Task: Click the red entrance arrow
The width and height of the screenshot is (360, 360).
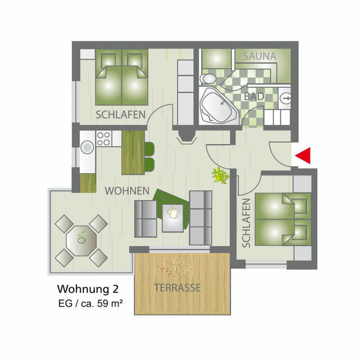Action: [303, 156]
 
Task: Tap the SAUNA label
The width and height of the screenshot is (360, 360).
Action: [259, 56]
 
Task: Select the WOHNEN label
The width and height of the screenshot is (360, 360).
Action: [127, 191]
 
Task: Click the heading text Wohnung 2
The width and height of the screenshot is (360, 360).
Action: [87, 290]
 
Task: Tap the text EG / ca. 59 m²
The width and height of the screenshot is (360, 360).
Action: [91, 304]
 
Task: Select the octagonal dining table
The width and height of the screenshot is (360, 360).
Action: [82, 240]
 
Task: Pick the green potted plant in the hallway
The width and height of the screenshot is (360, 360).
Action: [220, 175]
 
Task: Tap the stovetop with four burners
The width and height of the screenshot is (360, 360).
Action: [103, 138]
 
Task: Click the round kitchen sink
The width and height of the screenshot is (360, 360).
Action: [87, 147]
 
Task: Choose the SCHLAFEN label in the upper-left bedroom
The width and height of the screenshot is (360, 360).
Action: [120, 115]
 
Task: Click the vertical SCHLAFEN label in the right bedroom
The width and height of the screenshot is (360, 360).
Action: [246, 223]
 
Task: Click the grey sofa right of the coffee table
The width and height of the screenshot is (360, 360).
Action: [200, 217]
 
